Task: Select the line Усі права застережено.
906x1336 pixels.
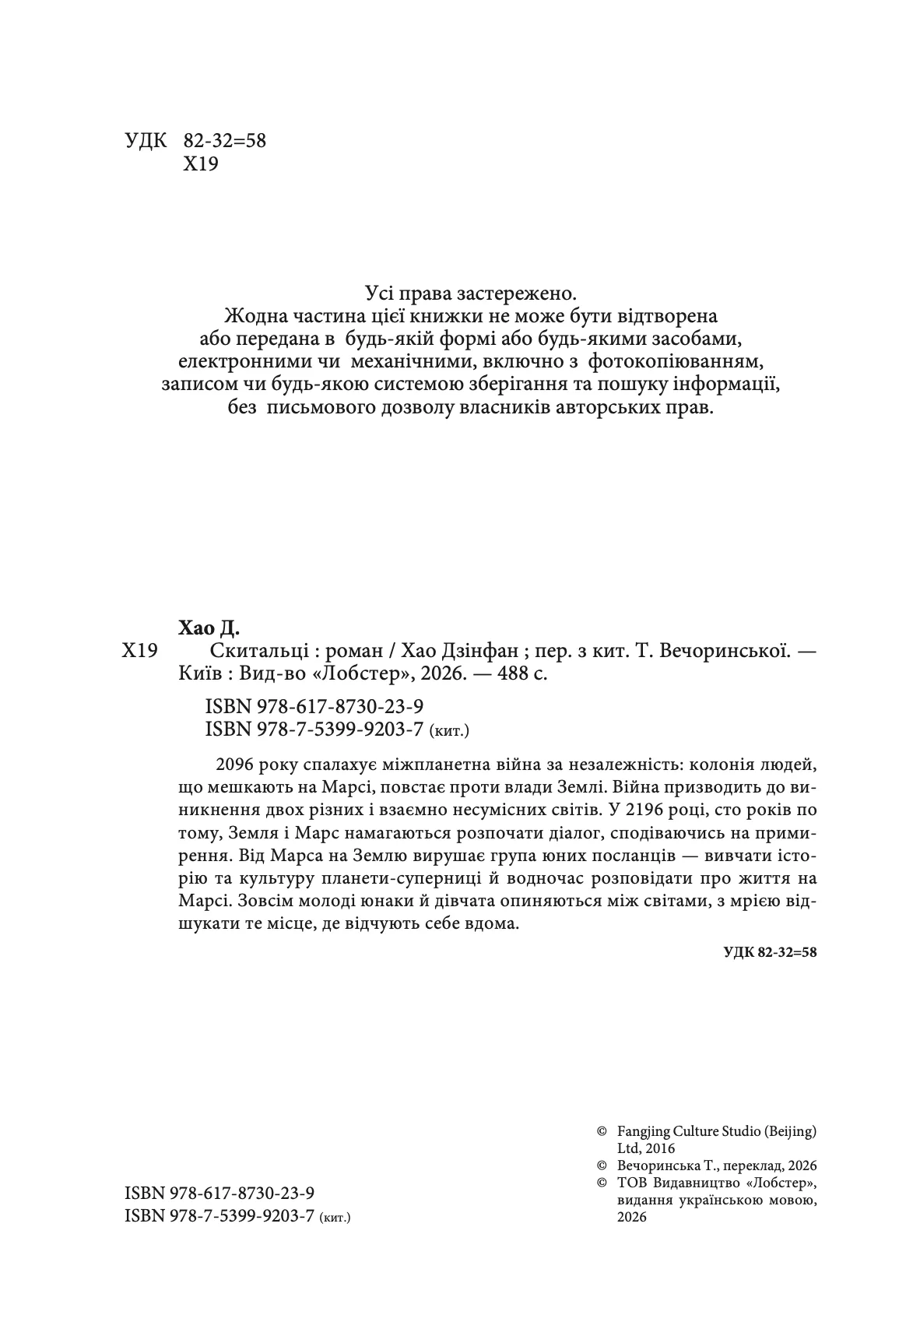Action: [472, 294]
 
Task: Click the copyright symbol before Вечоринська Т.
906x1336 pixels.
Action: [601, 1165]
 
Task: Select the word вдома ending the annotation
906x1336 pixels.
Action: [492, 925]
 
